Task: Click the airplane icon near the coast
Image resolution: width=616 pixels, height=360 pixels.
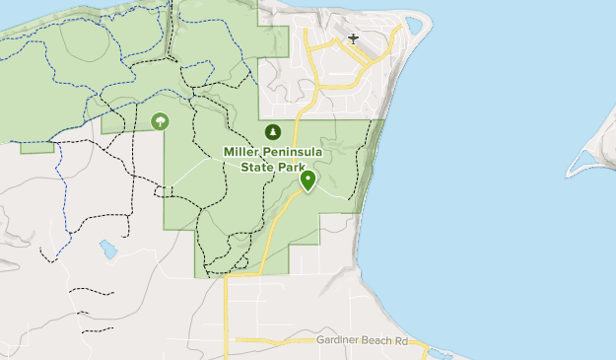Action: pos(353,39)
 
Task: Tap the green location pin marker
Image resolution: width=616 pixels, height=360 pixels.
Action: pos(308,180)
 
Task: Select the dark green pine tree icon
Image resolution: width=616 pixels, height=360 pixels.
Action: pos(273,131)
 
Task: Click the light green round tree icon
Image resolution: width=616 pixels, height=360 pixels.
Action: pos(160,121)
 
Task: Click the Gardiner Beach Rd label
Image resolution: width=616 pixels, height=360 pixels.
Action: pos(361,340)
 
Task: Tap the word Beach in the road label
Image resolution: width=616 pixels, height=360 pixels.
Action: pos(377,340)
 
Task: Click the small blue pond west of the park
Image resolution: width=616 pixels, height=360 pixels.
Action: pos(107,250)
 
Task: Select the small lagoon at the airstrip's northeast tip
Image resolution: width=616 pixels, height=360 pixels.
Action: pos(414,24)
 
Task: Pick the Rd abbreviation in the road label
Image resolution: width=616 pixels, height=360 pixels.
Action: pos(400,340)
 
